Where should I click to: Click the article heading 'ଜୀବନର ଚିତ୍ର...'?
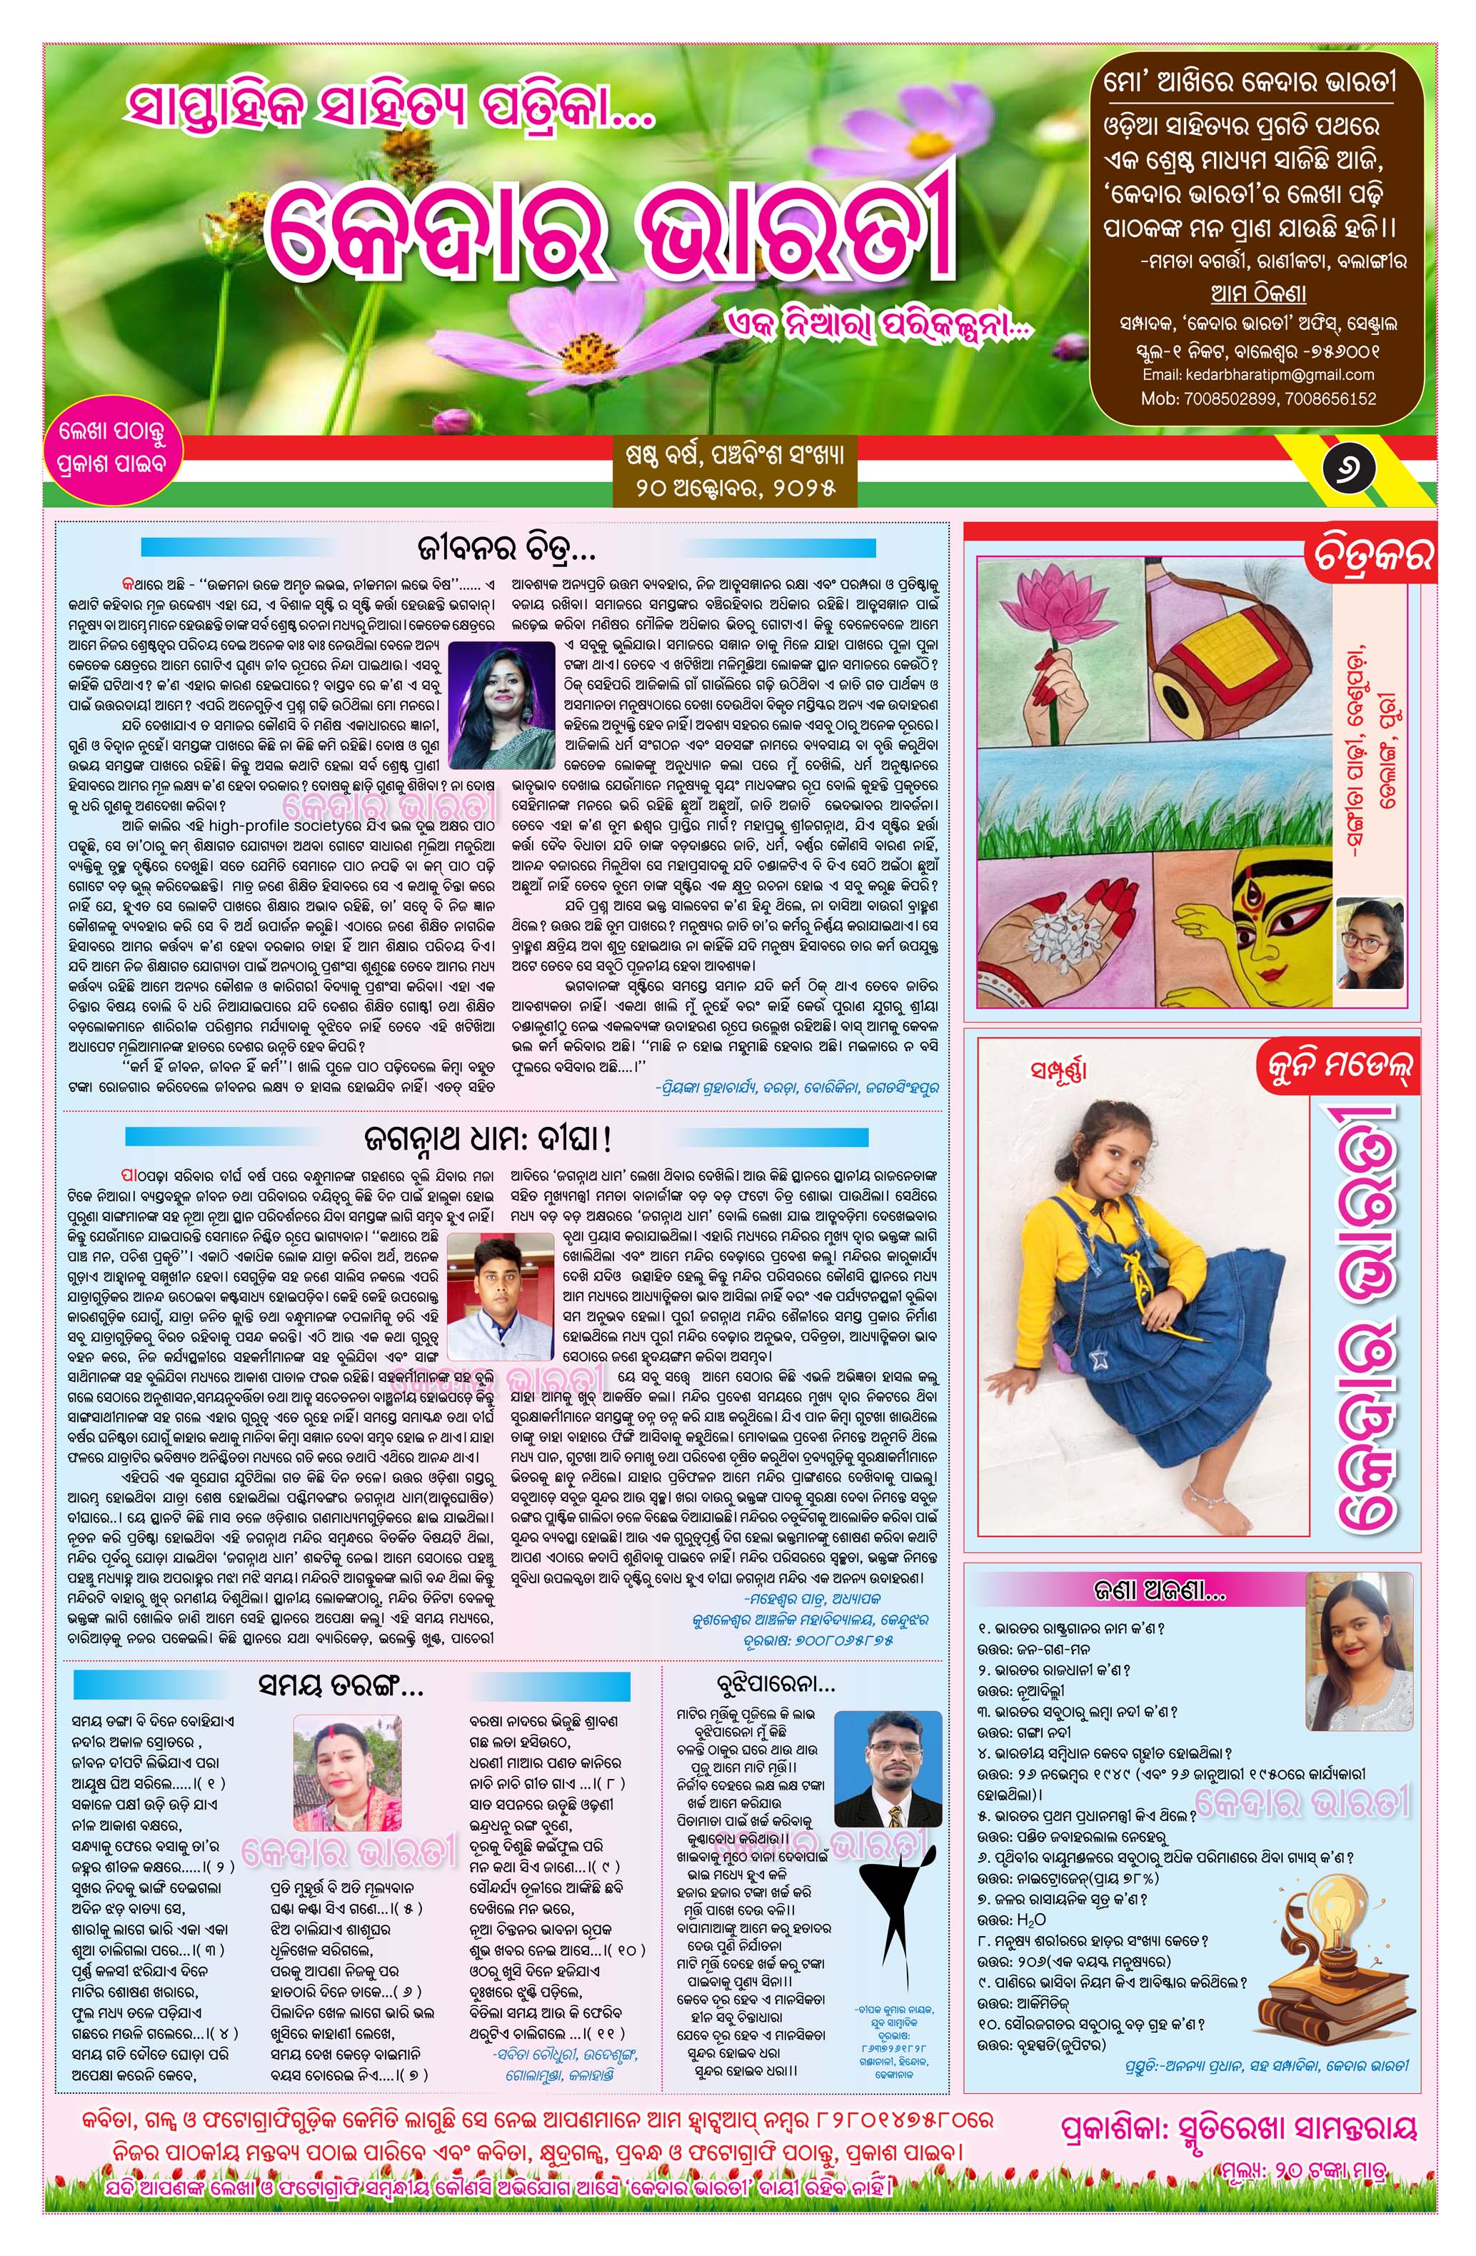(506, 548)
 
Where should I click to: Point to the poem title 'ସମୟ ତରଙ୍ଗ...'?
(341, 1685)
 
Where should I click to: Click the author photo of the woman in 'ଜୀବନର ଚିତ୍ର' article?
(501, 704)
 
